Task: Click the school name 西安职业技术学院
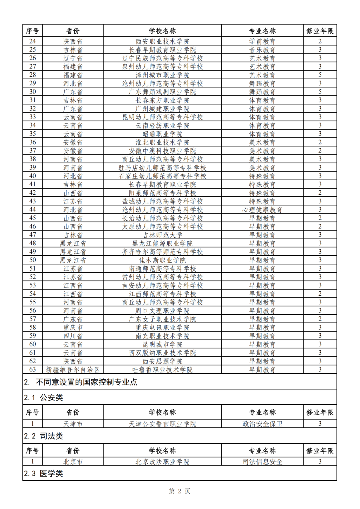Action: pyautogui.click(x=162, y=41)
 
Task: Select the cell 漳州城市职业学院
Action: pyautogui.click(x=162, y=75)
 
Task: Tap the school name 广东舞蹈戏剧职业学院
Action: pyautogui.click(x=162, y=92)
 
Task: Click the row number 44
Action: pyautogui.click(x=33, y=210)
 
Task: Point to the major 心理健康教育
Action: pyautogui.click(x=262, y=210)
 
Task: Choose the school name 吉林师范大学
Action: pyautogui.click(x=162, y=235)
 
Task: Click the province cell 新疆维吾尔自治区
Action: pyautogui.click(x=73, y=370)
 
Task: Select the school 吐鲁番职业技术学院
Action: pyautogui.click(x=162, y=370)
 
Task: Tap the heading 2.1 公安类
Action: pyautogui.click(x=43, y=397)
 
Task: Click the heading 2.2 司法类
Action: pyautogui.click(x=43, y=436)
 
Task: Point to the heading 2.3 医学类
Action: pyautogui.click(x=43, y=473)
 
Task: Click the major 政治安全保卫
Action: pyautogui.click(x=262, y=424)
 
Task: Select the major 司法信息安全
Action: pyautogui.click(x=262, y=462)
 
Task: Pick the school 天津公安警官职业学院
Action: pyautogui.click(x=162, y=424)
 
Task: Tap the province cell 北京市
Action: pyautogui.click(x=73, y=462)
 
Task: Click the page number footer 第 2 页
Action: pyautogui.click(x=180, y=491)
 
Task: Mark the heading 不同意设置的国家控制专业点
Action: pyautogui.click(x=86, y=382)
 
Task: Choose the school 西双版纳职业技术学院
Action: pyautogui.click(x=162, y=353)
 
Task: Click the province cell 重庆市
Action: pyautogui.click(x=73, y=327)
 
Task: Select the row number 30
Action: pyautogui.click(x=33, y=92)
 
